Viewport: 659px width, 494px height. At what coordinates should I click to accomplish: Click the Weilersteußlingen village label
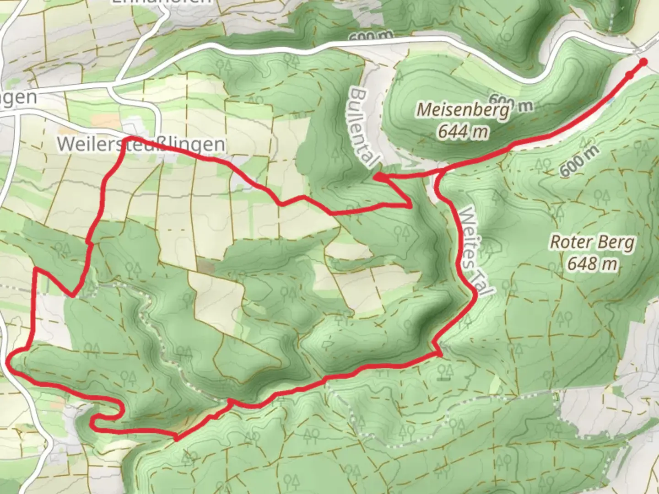click(141, 144)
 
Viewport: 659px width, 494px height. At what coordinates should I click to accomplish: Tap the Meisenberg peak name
click(463, 110)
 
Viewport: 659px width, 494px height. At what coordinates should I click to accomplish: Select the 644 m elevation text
click(463, 132)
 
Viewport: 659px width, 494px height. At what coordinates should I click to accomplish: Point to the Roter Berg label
click(592, 242)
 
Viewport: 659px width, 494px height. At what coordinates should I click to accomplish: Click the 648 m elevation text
click(592, 263)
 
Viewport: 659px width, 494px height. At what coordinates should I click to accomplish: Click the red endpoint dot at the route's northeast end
click(643, 62)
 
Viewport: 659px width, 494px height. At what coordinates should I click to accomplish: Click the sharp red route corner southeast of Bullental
click(410, 206)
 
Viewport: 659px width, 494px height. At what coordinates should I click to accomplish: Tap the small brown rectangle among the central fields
click(206, 266)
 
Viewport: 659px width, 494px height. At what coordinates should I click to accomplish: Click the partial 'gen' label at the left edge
click(18, 97)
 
